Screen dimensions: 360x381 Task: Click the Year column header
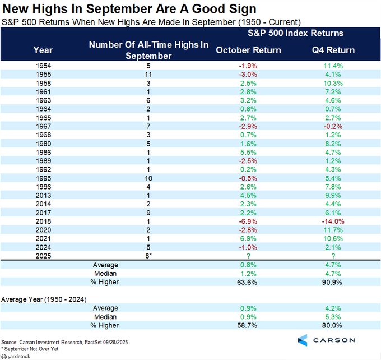coord(43,50)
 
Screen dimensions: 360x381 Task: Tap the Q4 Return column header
coord(333,50)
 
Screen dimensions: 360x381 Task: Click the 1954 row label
coord(43,66)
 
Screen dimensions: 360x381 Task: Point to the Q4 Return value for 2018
coord(333,222)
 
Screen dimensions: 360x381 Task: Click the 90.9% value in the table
coord(333,282)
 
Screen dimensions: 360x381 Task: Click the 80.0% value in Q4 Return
coord(333,325)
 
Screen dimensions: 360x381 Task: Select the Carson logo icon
coord(303,340)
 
